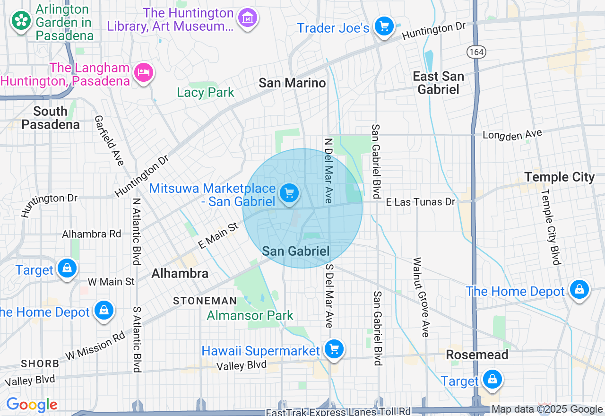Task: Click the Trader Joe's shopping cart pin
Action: coord(384,26)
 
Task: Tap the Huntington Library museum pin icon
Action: coord(248,18)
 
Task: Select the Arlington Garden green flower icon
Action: coord(21,20)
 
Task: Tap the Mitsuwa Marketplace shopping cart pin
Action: coord(289,193)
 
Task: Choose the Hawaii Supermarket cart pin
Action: coord(334,349)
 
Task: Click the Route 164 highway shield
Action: coord(476,52)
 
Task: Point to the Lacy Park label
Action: coord(206,92)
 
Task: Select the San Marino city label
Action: coord(292,83)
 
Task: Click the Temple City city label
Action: coord(559,177)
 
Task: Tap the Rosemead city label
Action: coord(477,355)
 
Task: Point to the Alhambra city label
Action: coord(180,273)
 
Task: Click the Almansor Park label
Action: coord(250,315)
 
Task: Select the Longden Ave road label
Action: coord(512,135)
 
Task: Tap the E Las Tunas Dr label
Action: coord(420,202)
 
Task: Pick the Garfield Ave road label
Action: coord(109,140)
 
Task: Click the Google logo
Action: coord(32,405)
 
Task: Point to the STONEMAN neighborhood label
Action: coord(205,301)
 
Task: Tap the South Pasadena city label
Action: coord(51,118)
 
